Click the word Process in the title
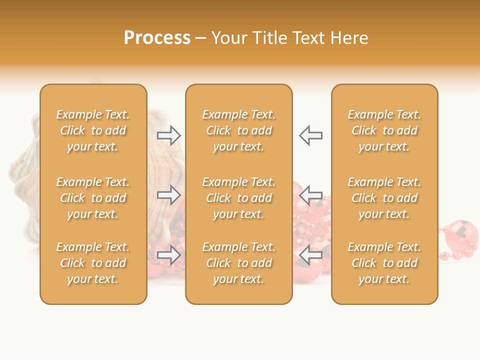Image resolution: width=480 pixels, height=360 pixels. (x=157, y=38)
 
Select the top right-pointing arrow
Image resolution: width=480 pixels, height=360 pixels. (x=169, y=135)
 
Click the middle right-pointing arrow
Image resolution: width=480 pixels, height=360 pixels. (x=169, y=194)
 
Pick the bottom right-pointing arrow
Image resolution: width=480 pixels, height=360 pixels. (x=169, y=255)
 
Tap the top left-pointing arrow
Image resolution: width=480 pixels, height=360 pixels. (x=310, y=135)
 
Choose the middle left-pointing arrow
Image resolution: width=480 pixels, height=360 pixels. (x=310, y=194)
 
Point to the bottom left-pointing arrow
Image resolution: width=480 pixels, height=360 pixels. (x=310, y=255)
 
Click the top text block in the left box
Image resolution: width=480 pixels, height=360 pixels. (x=93, y=130)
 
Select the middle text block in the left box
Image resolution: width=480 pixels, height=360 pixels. (x=93, y=198)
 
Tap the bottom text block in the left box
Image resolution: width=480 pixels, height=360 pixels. (x=93, y=263)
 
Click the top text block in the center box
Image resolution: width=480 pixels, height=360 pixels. (x=238, y=130)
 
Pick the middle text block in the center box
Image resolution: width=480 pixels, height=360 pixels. (x=238, y=198)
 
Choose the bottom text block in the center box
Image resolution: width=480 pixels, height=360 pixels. (x=238, y=263)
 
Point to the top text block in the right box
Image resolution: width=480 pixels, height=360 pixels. (x=384, y=130)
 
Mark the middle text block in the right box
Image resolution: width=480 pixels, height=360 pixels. (x=384, y=198)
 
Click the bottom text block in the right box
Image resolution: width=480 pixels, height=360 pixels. (x=384, y=263)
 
